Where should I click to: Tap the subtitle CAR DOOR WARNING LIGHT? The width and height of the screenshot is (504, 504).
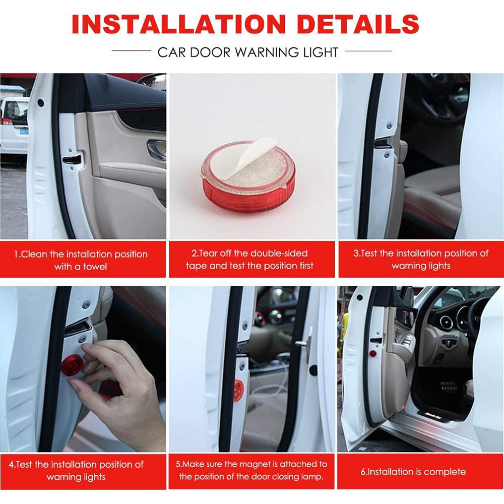pos(248,52)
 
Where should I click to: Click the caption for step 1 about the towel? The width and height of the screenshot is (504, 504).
pos(81,260)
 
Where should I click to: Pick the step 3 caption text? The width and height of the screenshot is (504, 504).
pos(420,259)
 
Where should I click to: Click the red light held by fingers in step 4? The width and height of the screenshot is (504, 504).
pos(73,364)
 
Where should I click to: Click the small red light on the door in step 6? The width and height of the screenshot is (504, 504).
pos(372,354)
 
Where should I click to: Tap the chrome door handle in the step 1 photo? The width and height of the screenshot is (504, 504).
pos(156,150)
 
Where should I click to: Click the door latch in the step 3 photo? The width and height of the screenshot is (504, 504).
pos(382,143)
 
